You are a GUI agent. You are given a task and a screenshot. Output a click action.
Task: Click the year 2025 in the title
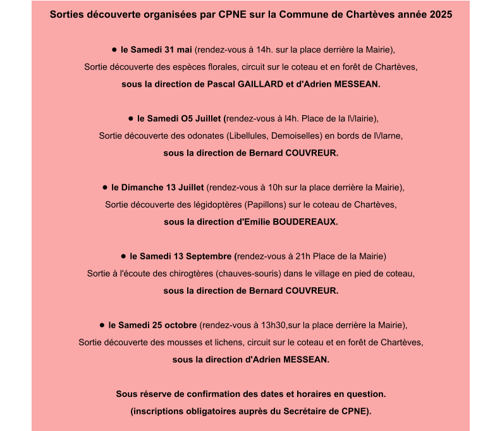(440, 15)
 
